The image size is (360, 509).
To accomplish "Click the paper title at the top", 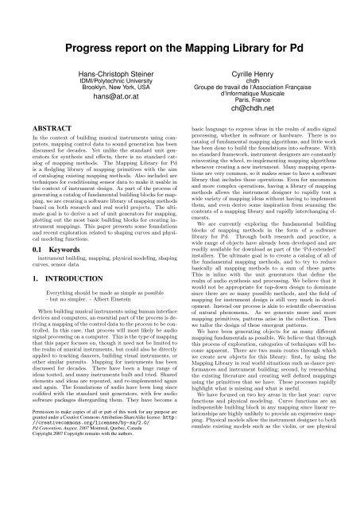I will pyautogui.click(x=180, y=14).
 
